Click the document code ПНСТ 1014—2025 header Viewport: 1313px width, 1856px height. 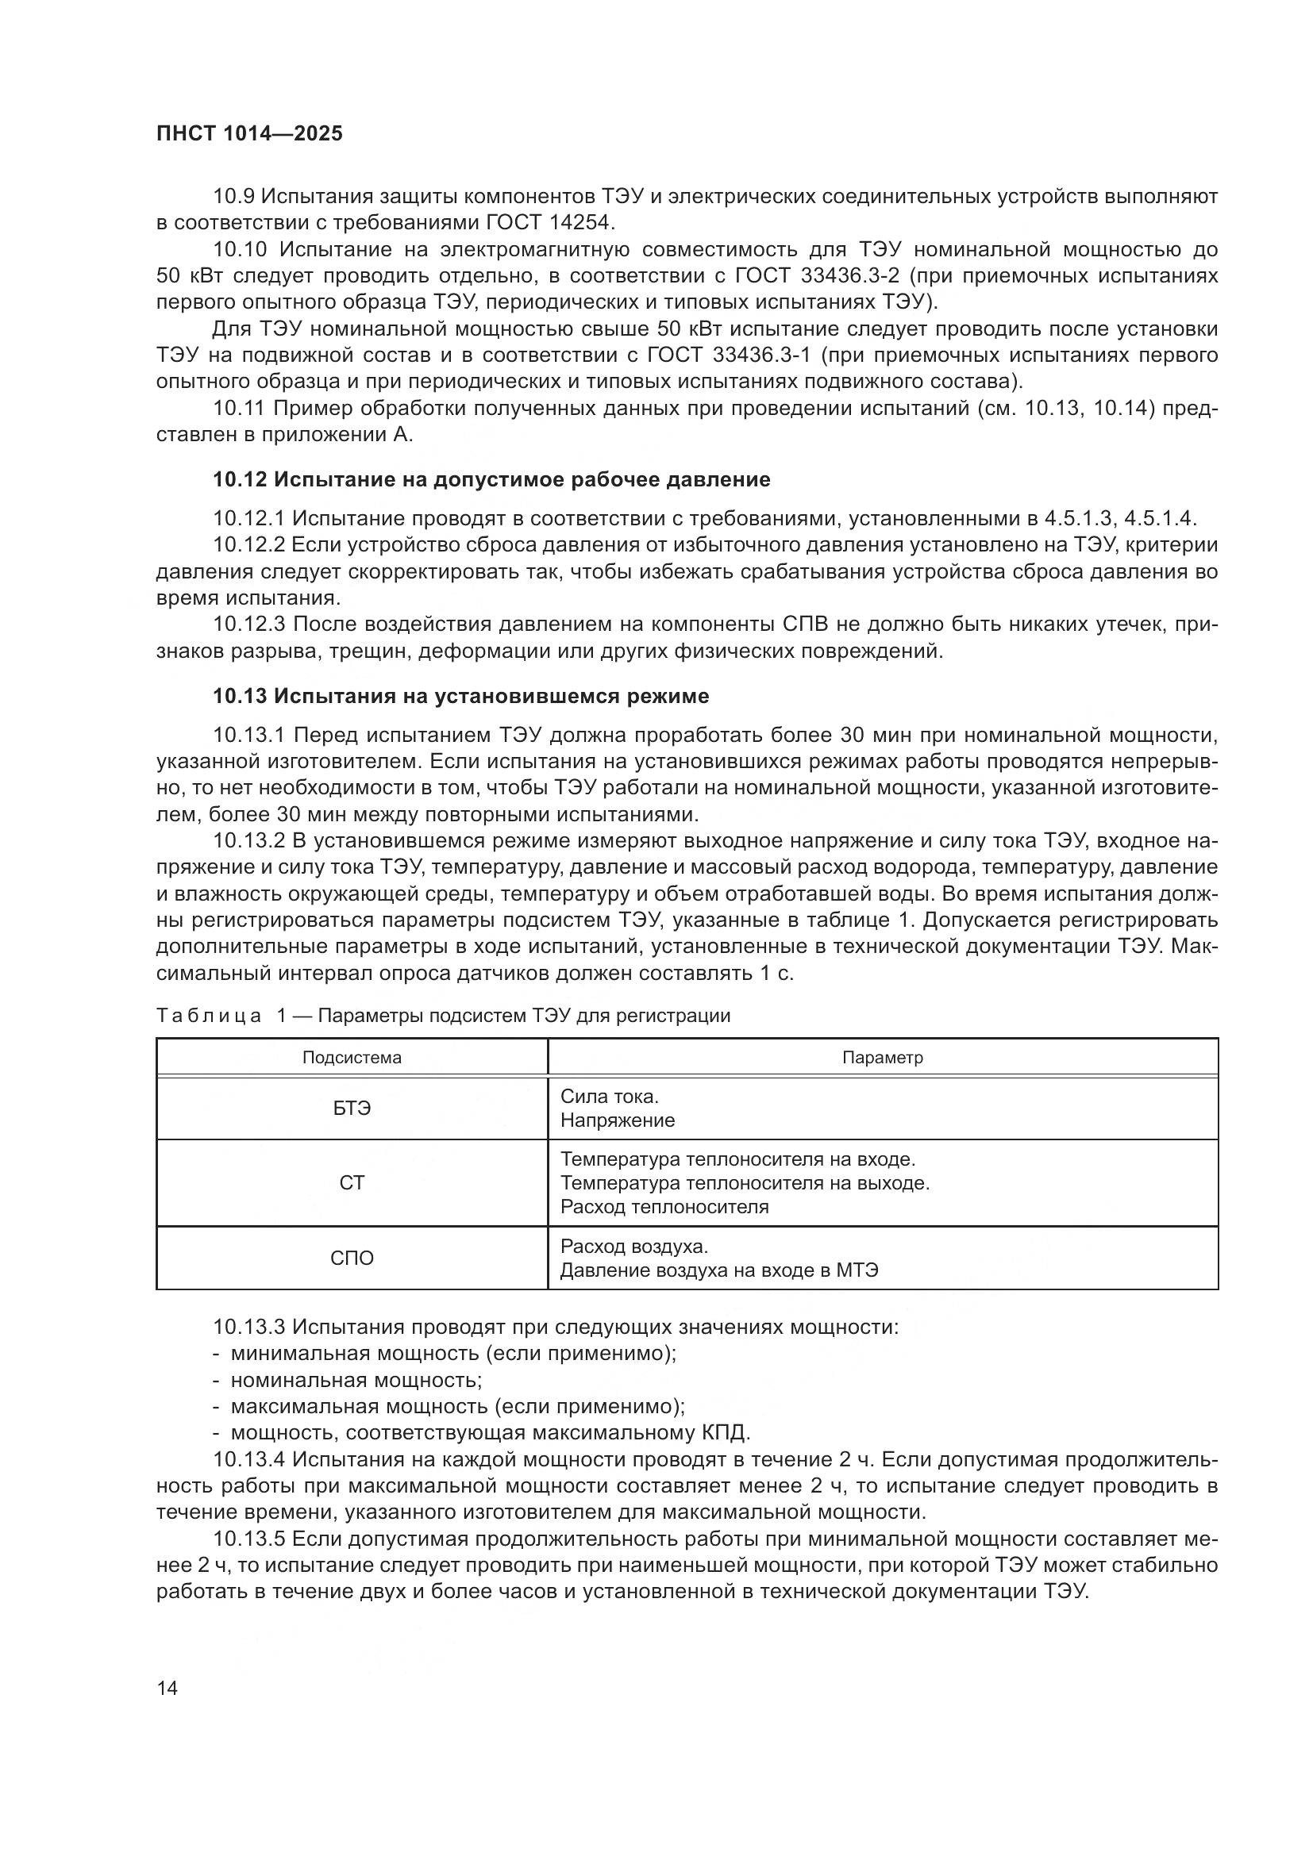(x=249, y=134)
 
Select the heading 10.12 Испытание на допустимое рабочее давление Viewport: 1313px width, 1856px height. (x=491, y=480)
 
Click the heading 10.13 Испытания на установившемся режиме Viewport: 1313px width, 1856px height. (x=461, y=696)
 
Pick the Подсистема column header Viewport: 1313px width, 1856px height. (x=352, y=1057)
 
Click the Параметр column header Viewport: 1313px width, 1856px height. (x=882, y=1057)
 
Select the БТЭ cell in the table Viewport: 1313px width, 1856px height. (x=352, y=1109)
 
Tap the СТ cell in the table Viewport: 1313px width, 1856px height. (x=352, y=1182)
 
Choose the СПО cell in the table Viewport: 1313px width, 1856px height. (x=352, y=1258)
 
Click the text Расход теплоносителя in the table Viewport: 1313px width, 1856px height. (x=664, y=1207)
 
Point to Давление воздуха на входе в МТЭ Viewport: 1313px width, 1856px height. (x=718, y=1270)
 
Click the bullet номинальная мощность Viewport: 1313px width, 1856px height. (x=356, y=1380)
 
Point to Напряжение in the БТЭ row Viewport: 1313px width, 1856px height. (x=618, y=1120)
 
